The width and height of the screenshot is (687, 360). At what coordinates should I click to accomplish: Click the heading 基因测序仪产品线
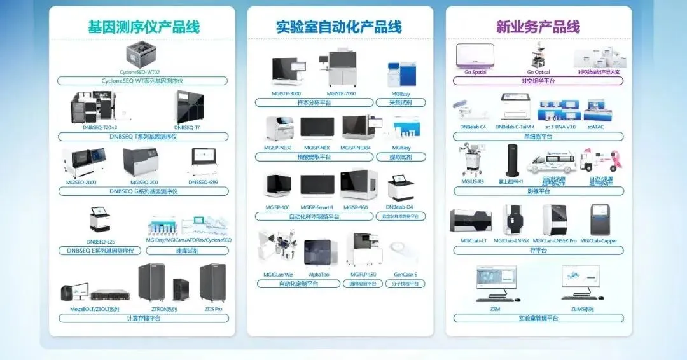tap(143, 27)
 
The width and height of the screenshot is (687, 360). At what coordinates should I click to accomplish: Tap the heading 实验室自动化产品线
tap(338, 27)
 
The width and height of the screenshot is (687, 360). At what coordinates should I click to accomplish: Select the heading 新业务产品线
tap(538, 27)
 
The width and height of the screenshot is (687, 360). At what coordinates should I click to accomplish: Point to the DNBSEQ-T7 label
tap(188, 128)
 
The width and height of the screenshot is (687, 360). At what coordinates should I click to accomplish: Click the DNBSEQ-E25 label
tap(101, 241)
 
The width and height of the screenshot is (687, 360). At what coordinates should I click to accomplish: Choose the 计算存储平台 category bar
tap(143, 318)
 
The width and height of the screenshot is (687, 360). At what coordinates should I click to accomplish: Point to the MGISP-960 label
tap(355, 207)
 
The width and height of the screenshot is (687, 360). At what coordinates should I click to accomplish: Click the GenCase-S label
tap(405, 275)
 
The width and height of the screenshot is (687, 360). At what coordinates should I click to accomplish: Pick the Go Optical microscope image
tap(539, 55)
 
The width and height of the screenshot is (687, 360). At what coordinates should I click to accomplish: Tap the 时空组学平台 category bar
tap(538, 81)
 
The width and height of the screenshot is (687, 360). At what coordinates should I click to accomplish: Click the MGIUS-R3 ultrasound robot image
tap(473, 161)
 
